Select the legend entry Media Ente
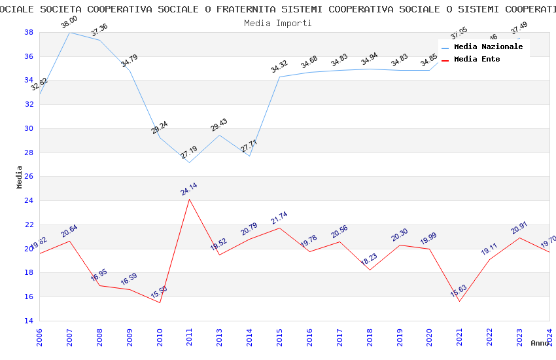pyautogui.click(x=477, y=60)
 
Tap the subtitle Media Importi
pyautogui.click(x=278, y=23)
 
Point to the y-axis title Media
pyautogui.click(x=19, y=177)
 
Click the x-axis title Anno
pyautogui.click(x=540, y=343)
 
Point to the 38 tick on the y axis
pyautogui.click(x=29, y=32)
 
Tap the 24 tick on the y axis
pyautogui.click(x=29, y=201)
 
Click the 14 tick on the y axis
pyautogui.click(x=29, y=321)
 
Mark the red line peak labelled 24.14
pyautogui.click(x=190, y=199)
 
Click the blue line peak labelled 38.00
pyautogui.click(x=69, y=32)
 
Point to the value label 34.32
pyautogui.click(x=279, y=66)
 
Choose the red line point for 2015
pyautogui.click(x=279, y=228)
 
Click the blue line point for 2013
pyautogui.click(x=220, y=135)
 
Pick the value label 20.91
pyautogui.click(x=519, y=227)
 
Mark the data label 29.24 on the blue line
pyautogui.click(x=160, y=127)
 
